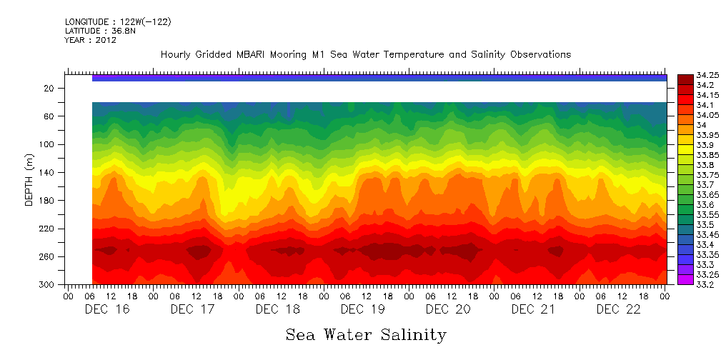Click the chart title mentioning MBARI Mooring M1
click(x=365, y=55)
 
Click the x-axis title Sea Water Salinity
click(x=366, y=335)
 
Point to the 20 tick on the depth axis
click(x=50, y=88)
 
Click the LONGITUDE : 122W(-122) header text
click(x=118, y=22)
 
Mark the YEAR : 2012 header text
click(x=90, y=41)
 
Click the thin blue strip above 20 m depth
click(x=379, y=78)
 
